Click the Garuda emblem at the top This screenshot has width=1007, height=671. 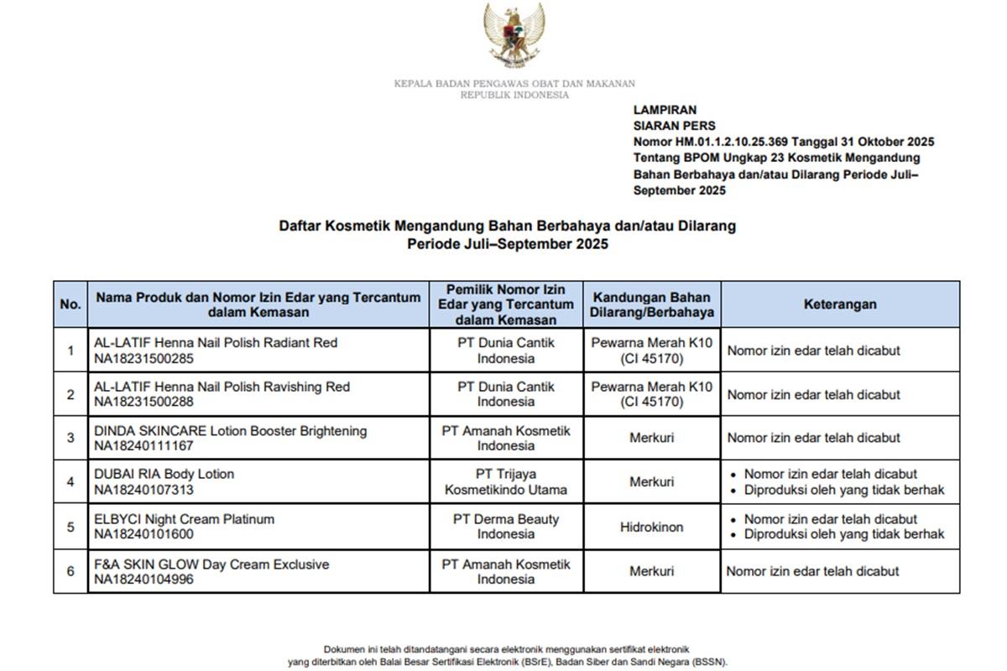click(514, 35)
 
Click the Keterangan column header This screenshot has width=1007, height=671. click(840, 304)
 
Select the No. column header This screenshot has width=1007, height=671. click(70, 304)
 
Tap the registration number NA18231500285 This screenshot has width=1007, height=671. click(143, 358)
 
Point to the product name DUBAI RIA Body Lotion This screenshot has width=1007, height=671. click(164, 474)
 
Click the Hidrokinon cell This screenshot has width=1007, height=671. click(652, 527)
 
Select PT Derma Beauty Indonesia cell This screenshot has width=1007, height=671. click(506, 527)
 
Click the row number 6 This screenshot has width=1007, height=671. click(70, 571)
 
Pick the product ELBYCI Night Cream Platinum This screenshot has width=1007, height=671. click(184, 519)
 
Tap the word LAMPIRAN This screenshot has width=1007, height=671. click(665, 110)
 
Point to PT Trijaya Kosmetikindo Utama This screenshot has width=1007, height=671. click(506, 481)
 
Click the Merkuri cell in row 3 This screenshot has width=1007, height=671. click(652, 438)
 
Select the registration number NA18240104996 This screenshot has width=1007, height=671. click(143, 580)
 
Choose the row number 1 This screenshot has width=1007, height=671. click(70, 350)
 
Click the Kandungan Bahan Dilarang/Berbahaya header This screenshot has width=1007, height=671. click(652, 304)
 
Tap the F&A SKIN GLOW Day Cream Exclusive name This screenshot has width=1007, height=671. click(211, 564)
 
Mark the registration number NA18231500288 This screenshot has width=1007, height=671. click(143, 402)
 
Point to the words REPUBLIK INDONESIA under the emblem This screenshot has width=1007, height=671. click(514, 95)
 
